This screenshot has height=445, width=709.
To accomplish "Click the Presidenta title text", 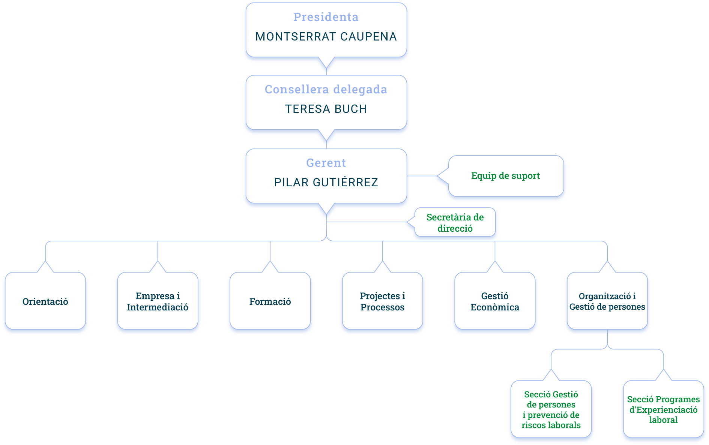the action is pos(326,17).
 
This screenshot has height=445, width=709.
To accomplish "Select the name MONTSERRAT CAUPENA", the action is pos(326,36).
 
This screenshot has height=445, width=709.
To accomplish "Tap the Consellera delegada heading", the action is pos(326,89).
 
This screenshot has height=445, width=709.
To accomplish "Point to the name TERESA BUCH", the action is pos(326,109).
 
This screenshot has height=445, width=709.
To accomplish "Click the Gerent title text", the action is pos(326,163).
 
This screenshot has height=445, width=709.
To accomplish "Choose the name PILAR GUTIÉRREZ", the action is pos(326,182).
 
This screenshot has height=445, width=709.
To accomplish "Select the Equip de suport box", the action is pos(506,176).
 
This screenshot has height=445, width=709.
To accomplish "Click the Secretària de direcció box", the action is pos(455,222).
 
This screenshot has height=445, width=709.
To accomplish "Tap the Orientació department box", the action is pos(45,301).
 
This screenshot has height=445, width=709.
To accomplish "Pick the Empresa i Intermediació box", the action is pos(158,301).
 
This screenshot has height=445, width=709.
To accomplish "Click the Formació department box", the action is pos(270,301).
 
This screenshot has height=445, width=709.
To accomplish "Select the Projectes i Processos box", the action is pos(383,301).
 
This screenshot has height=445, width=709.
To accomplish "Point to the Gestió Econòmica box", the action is pos(495,301).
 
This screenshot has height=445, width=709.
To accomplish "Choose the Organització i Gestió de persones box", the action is pos(607,301).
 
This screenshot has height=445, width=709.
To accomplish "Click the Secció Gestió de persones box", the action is pos(551,409).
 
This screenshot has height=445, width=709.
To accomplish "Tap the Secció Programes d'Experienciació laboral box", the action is pos(664,409).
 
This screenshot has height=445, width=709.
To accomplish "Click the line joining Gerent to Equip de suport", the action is pos(422,176).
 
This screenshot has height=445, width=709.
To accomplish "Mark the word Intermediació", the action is pos(158,307).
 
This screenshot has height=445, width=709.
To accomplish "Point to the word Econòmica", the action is pos(495,307).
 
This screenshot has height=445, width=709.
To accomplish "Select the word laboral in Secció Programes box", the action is pos(664,420).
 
